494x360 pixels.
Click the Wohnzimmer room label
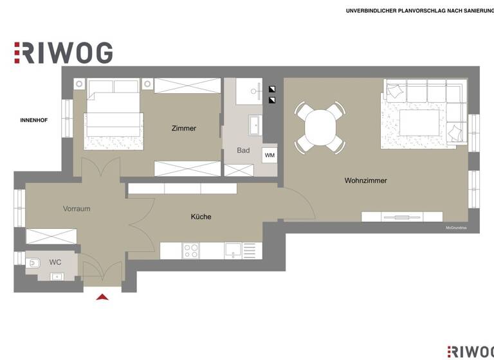pos(365,181)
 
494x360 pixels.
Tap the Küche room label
pos(201,217)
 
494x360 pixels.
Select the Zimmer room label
pos(183,129)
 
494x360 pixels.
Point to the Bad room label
pos(243,150)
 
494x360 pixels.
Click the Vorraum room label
pos(77,209)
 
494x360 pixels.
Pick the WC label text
pos(55,262)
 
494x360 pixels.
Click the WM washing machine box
pos(270,156)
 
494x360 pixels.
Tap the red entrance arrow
pos(102,296)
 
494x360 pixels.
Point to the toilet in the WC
pos(33,262)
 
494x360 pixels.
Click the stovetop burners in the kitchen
pos(191,250)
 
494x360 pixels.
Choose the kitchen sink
pos(232,250)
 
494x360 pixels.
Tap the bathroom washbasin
pos(255,123)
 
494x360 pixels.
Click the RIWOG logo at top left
pos(64,53)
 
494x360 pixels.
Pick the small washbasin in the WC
pos(57,276)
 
